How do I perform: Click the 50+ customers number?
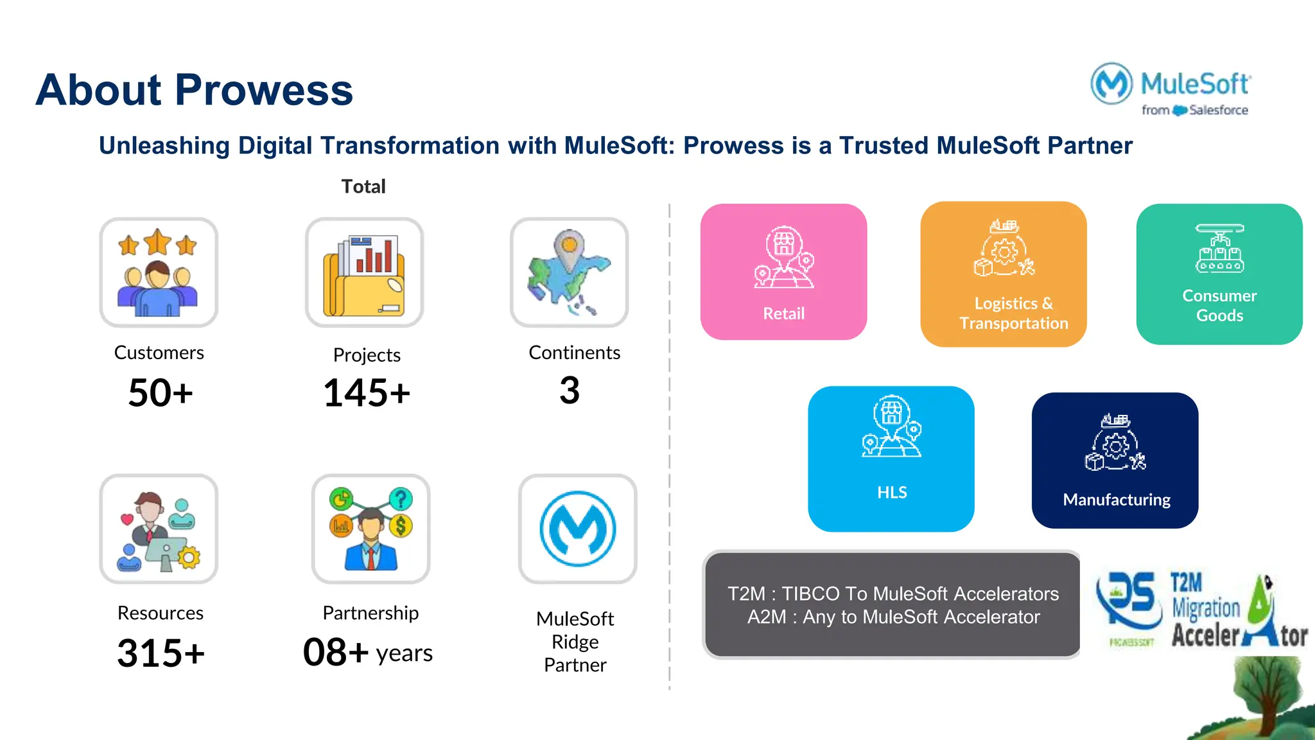click(161, 392)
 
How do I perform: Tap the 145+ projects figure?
click(367, 392)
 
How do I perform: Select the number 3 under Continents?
click(570, 390)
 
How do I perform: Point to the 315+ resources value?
click(161, 653)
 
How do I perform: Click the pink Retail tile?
click(783, 272)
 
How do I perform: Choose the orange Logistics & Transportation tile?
click(1004, 274)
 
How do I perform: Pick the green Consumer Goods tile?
click(1219, 274)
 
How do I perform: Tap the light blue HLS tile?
click(891, 459)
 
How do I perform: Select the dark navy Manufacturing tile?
click(1115, 461)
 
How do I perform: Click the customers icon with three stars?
click(159, 272)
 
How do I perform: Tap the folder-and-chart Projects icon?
click(364, 272)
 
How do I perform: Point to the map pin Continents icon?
click(569, 272)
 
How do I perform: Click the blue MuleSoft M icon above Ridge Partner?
click(578, 529)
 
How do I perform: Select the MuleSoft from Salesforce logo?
click(1170, 90)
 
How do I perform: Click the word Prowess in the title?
click(264, 90)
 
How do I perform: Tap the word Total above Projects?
click(363, 186)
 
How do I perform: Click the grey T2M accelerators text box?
click(893, 604)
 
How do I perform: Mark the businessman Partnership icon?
click(370, 529)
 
